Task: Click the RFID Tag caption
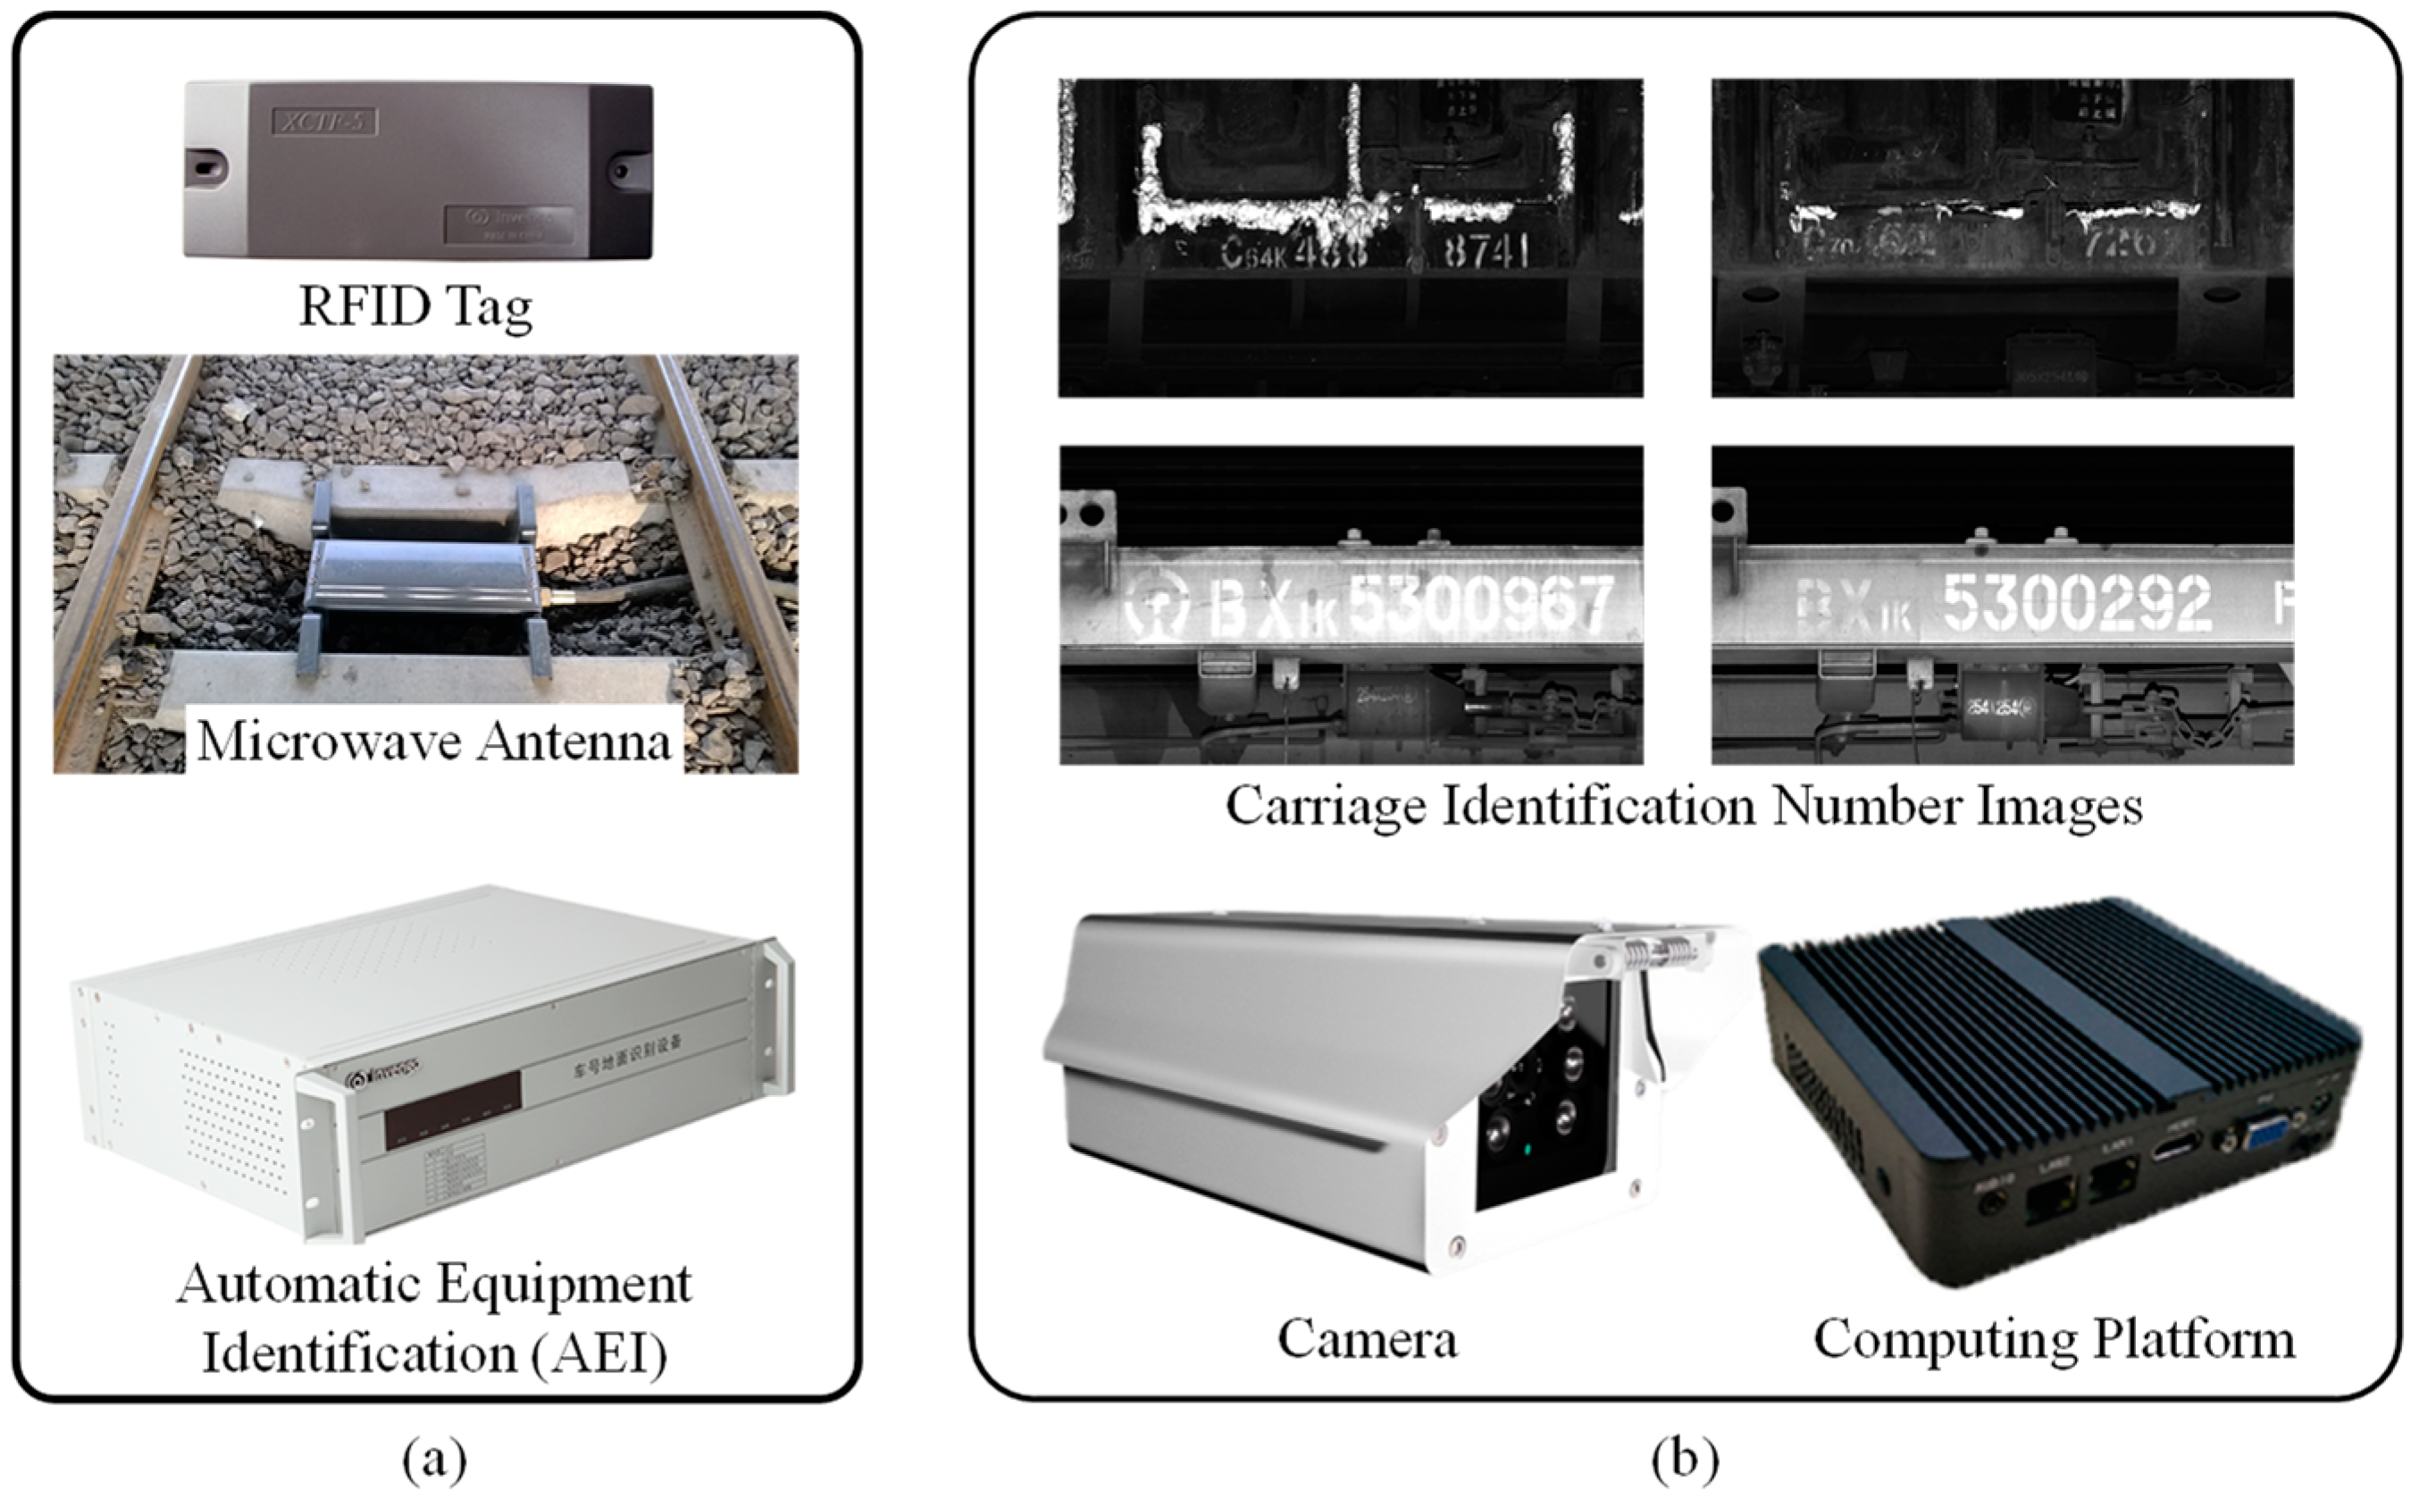415,306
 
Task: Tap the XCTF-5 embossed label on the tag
325,123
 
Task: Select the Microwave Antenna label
433,741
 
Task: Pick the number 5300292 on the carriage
2076,602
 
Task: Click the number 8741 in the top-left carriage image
1486,252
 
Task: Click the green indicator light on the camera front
1528,1151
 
